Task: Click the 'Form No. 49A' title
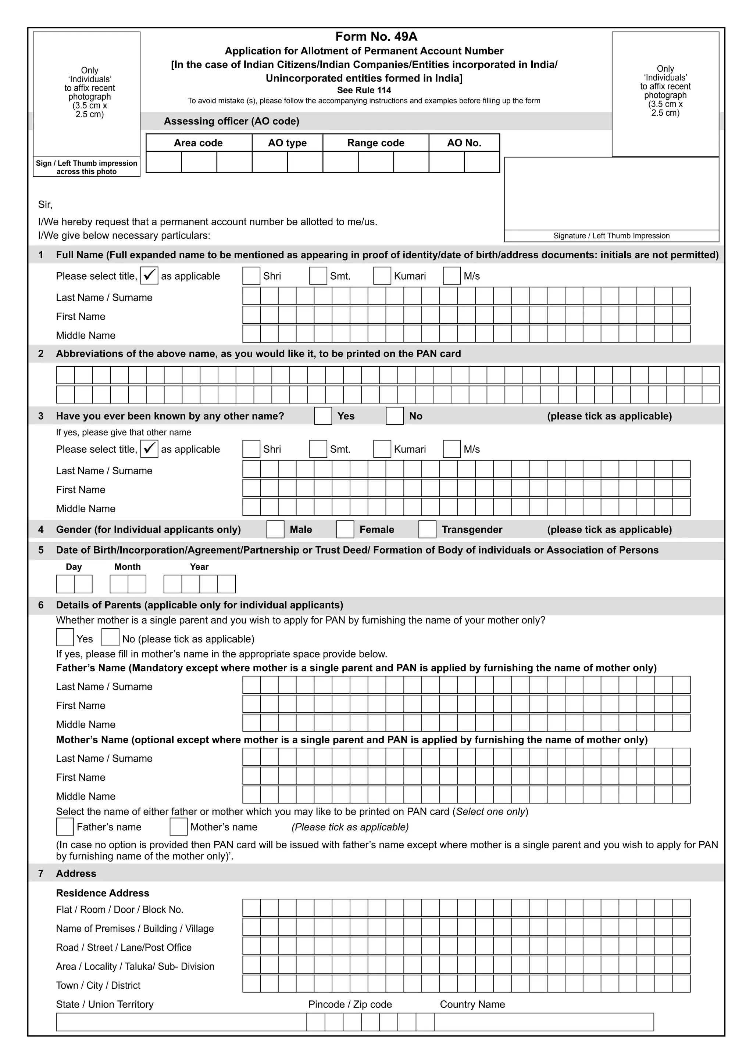click(376, 37)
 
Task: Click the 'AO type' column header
click(287, 143)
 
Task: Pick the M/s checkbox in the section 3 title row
click(452, 449)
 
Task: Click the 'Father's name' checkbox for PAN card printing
click(65, 827)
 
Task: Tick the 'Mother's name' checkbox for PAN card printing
click(179, 827)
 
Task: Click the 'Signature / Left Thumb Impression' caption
click(611, 236)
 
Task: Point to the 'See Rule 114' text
click(364, 90)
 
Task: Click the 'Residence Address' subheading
click(103, 893)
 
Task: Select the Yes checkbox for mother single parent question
click(65, 637)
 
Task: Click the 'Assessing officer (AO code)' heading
click(231, 121)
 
